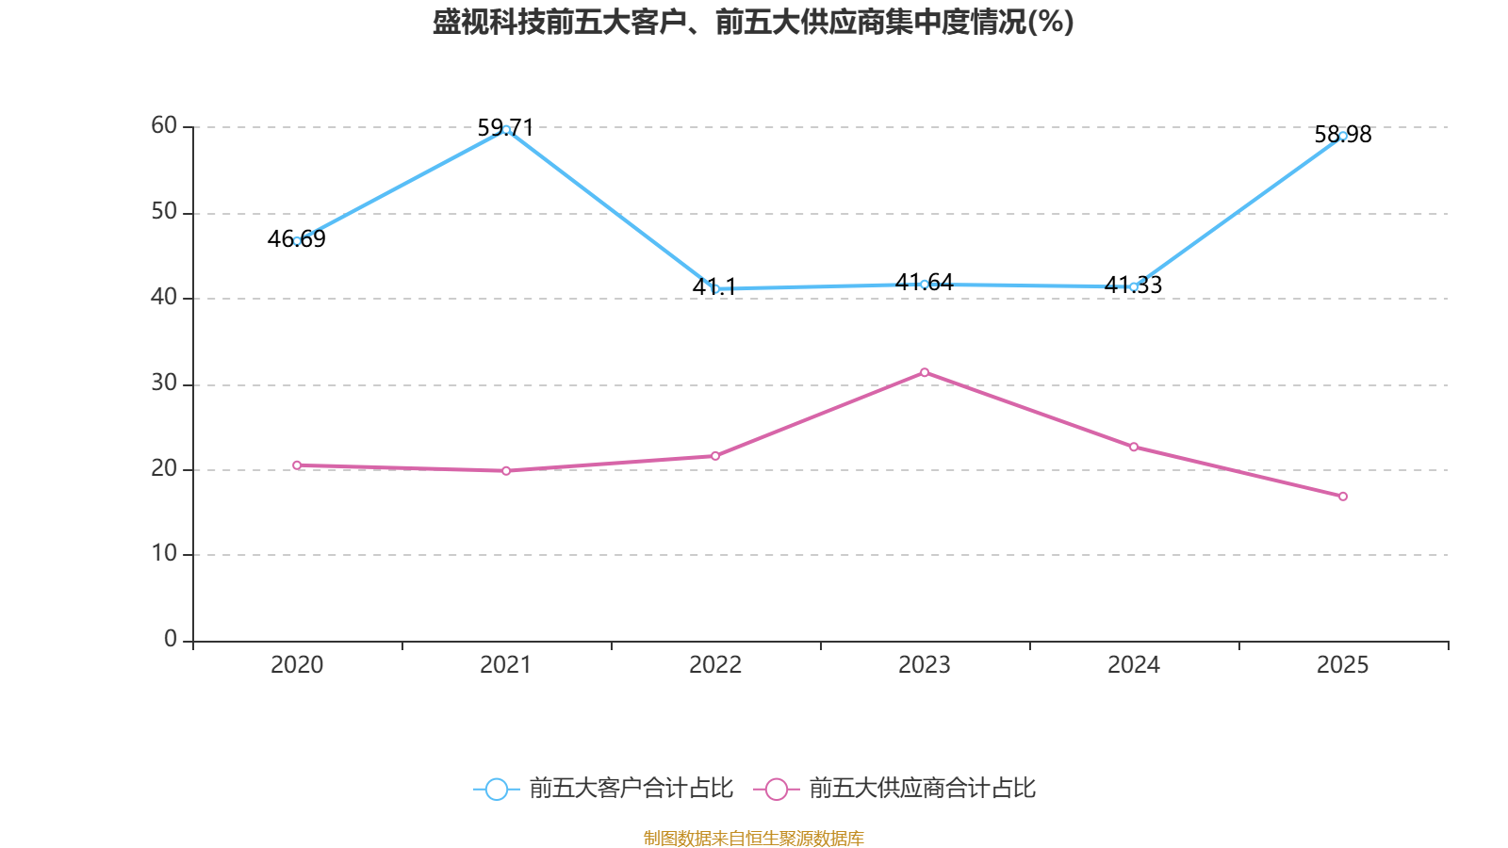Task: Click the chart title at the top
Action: point(753,22)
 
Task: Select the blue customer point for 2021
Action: point(506,129)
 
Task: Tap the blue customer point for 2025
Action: point(1343,136)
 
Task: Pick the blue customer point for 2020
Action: point(297,241)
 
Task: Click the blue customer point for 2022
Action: point(715,288)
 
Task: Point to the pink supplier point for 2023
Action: point(925,372)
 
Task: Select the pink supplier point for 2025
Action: point(1343,497)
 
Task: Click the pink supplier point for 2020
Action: point(297,465)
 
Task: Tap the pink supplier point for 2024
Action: point(1134,447)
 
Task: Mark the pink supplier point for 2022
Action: point(715,456)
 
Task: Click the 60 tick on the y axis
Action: point(164,125)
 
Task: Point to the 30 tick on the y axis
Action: point(164,383)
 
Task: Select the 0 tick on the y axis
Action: point(171,639)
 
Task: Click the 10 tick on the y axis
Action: point(164,553)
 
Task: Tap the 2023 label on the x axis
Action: point(925,665)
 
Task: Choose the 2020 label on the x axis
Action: point(297,665)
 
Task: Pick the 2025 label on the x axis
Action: point(1343,665)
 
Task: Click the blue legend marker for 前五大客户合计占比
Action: point(497,789)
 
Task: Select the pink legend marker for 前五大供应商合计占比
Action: point(777,789)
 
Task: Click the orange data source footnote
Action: point(753,838)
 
